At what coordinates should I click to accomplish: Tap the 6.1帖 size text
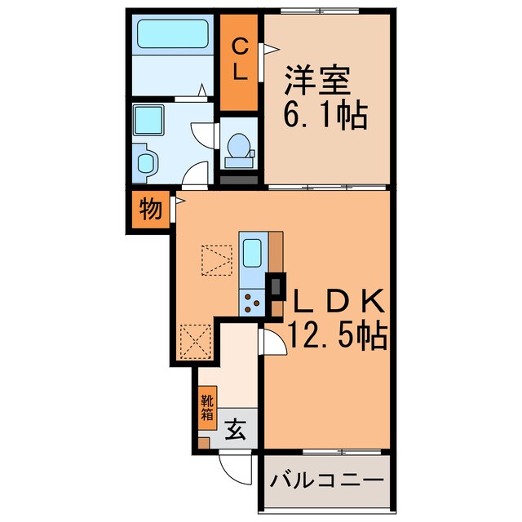click(325, 113)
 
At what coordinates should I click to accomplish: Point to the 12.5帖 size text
click(336, 334)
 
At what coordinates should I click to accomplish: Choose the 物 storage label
click(148, 210)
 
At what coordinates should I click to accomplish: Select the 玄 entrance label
click(235, 430)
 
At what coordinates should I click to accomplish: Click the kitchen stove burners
click(251, 303)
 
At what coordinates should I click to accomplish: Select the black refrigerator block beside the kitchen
click(278, 286)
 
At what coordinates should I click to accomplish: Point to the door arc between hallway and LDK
click(272, 344)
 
